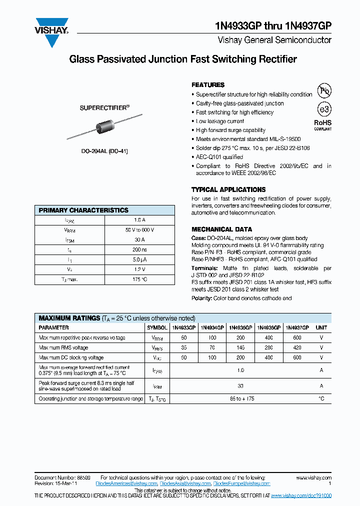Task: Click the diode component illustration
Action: pyautogui.click(x=104, y=128)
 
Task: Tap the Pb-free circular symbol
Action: pyautogui.click(x=325, y=90)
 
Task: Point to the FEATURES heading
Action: pyautogui.click(x=208, y=85)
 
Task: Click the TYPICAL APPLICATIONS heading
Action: pyautogui.click(x=228, y=189)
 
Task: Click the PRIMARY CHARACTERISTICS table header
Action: pyautogui.click(x=83, y=210)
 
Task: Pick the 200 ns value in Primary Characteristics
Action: pyautogui.click(x=139, y=250)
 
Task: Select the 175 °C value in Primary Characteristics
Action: pyautogui.click(x=139, y=279)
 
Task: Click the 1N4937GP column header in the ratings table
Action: pyautogui.click(x=297, y=327)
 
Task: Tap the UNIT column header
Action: pyautogui.click(x=321, y=327)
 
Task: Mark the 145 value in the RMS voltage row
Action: pyautogui.click(x=240, y=347)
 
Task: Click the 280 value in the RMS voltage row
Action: pyautogui.click(x=268, y=347)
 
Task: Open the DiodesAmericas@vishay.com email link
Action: pyautogui.click(x=129, y=483)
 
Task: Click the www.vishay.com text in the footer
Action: pyautogui.click(x=313, y=477)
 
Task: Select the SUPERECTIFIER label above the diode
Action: pyautogui.click(x=104, y=107)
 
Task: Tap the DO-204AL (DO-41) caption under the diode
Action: pyautogui.click(x=104, y=151)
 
